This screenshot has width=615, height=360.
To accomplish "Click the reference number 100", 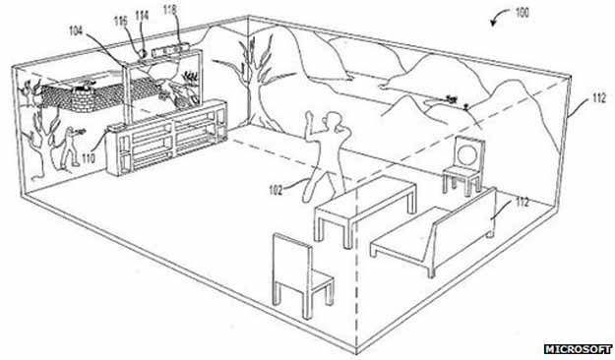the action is (522, 12).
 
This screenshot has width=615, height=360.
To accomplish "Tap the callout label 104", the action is (76, 30).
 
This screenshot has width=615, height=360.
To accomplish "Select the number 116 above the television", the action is (121, 22).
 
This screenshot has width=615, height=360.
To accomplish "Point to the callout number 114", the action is (142, 16).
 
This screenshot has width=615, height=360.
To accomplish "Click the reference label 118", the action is (170, 10).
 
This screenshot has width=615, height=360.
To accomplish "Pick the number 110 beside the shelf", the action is (89, 158).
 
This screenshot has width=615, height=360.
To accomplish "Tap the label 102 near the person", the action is (276, 191).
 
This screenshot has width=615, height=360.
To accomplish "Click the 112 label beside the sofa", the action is (523, 203).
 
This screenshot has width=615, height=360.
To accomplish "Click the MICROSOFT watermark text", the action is (578, 349).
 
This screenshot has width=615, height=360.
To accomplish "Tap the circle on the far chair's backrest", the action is (467, 153).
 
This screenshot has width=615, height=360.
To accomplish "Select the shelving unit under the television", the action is (166, 137).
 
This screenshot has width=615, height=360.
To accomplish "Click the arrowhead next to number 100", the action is (494, 24).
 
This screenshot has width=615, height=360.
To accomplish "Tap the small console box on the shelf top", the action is (116, 128).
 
